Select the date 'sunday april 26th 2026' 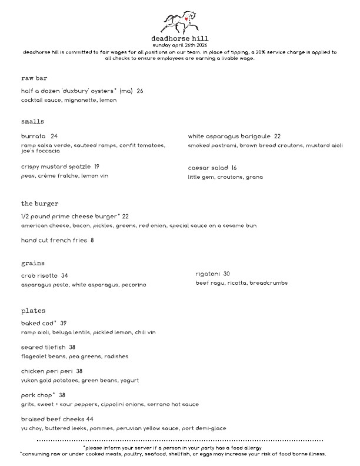tap(179, 45)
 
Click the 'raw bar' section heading tap(34, 78)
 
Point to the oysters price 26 tap(140, 91)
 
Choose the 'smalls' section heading tap(33, 121)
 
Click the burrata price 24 tap(54, 136)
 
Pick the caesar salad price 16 tap(234, 168)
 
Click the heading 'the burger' tap(40, 203)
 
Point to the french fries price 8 tap(92, 240)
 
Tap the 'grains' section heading tap(33, 262)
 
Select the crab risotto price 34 tap(65, 275)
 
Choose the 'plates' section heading tap(33, 310)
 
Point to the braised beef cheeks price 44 tap(89, 419)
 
